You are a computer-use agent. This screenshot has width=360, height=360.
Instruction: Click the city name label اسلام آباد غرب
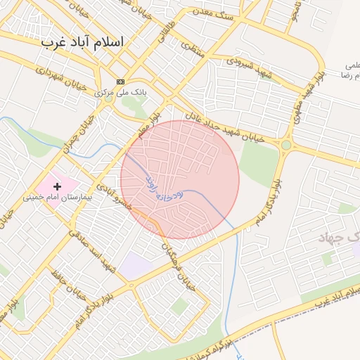coord(82,42)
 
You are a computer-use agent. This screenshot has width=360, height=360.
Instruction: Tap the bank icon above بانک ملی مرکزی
coord(120,82)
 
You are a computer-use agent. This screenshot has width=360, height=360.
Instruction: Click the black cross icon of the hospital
coord(56,186)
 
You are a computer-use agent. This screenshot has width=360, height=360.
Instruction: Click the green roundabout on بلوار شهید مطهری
coord(286,145)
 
